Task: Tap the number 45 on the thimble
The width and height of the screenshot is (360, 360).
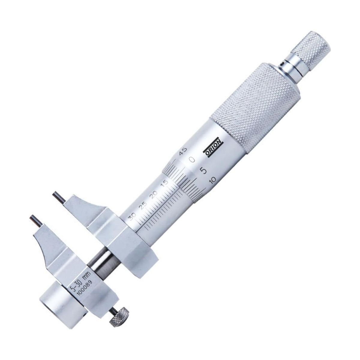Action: pos(182,150)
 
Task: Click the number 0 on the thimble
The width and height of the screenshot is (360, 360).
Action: pos(192,159)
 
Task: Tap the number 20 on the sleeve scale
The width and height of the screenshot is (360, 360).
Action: pos(155,194)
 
